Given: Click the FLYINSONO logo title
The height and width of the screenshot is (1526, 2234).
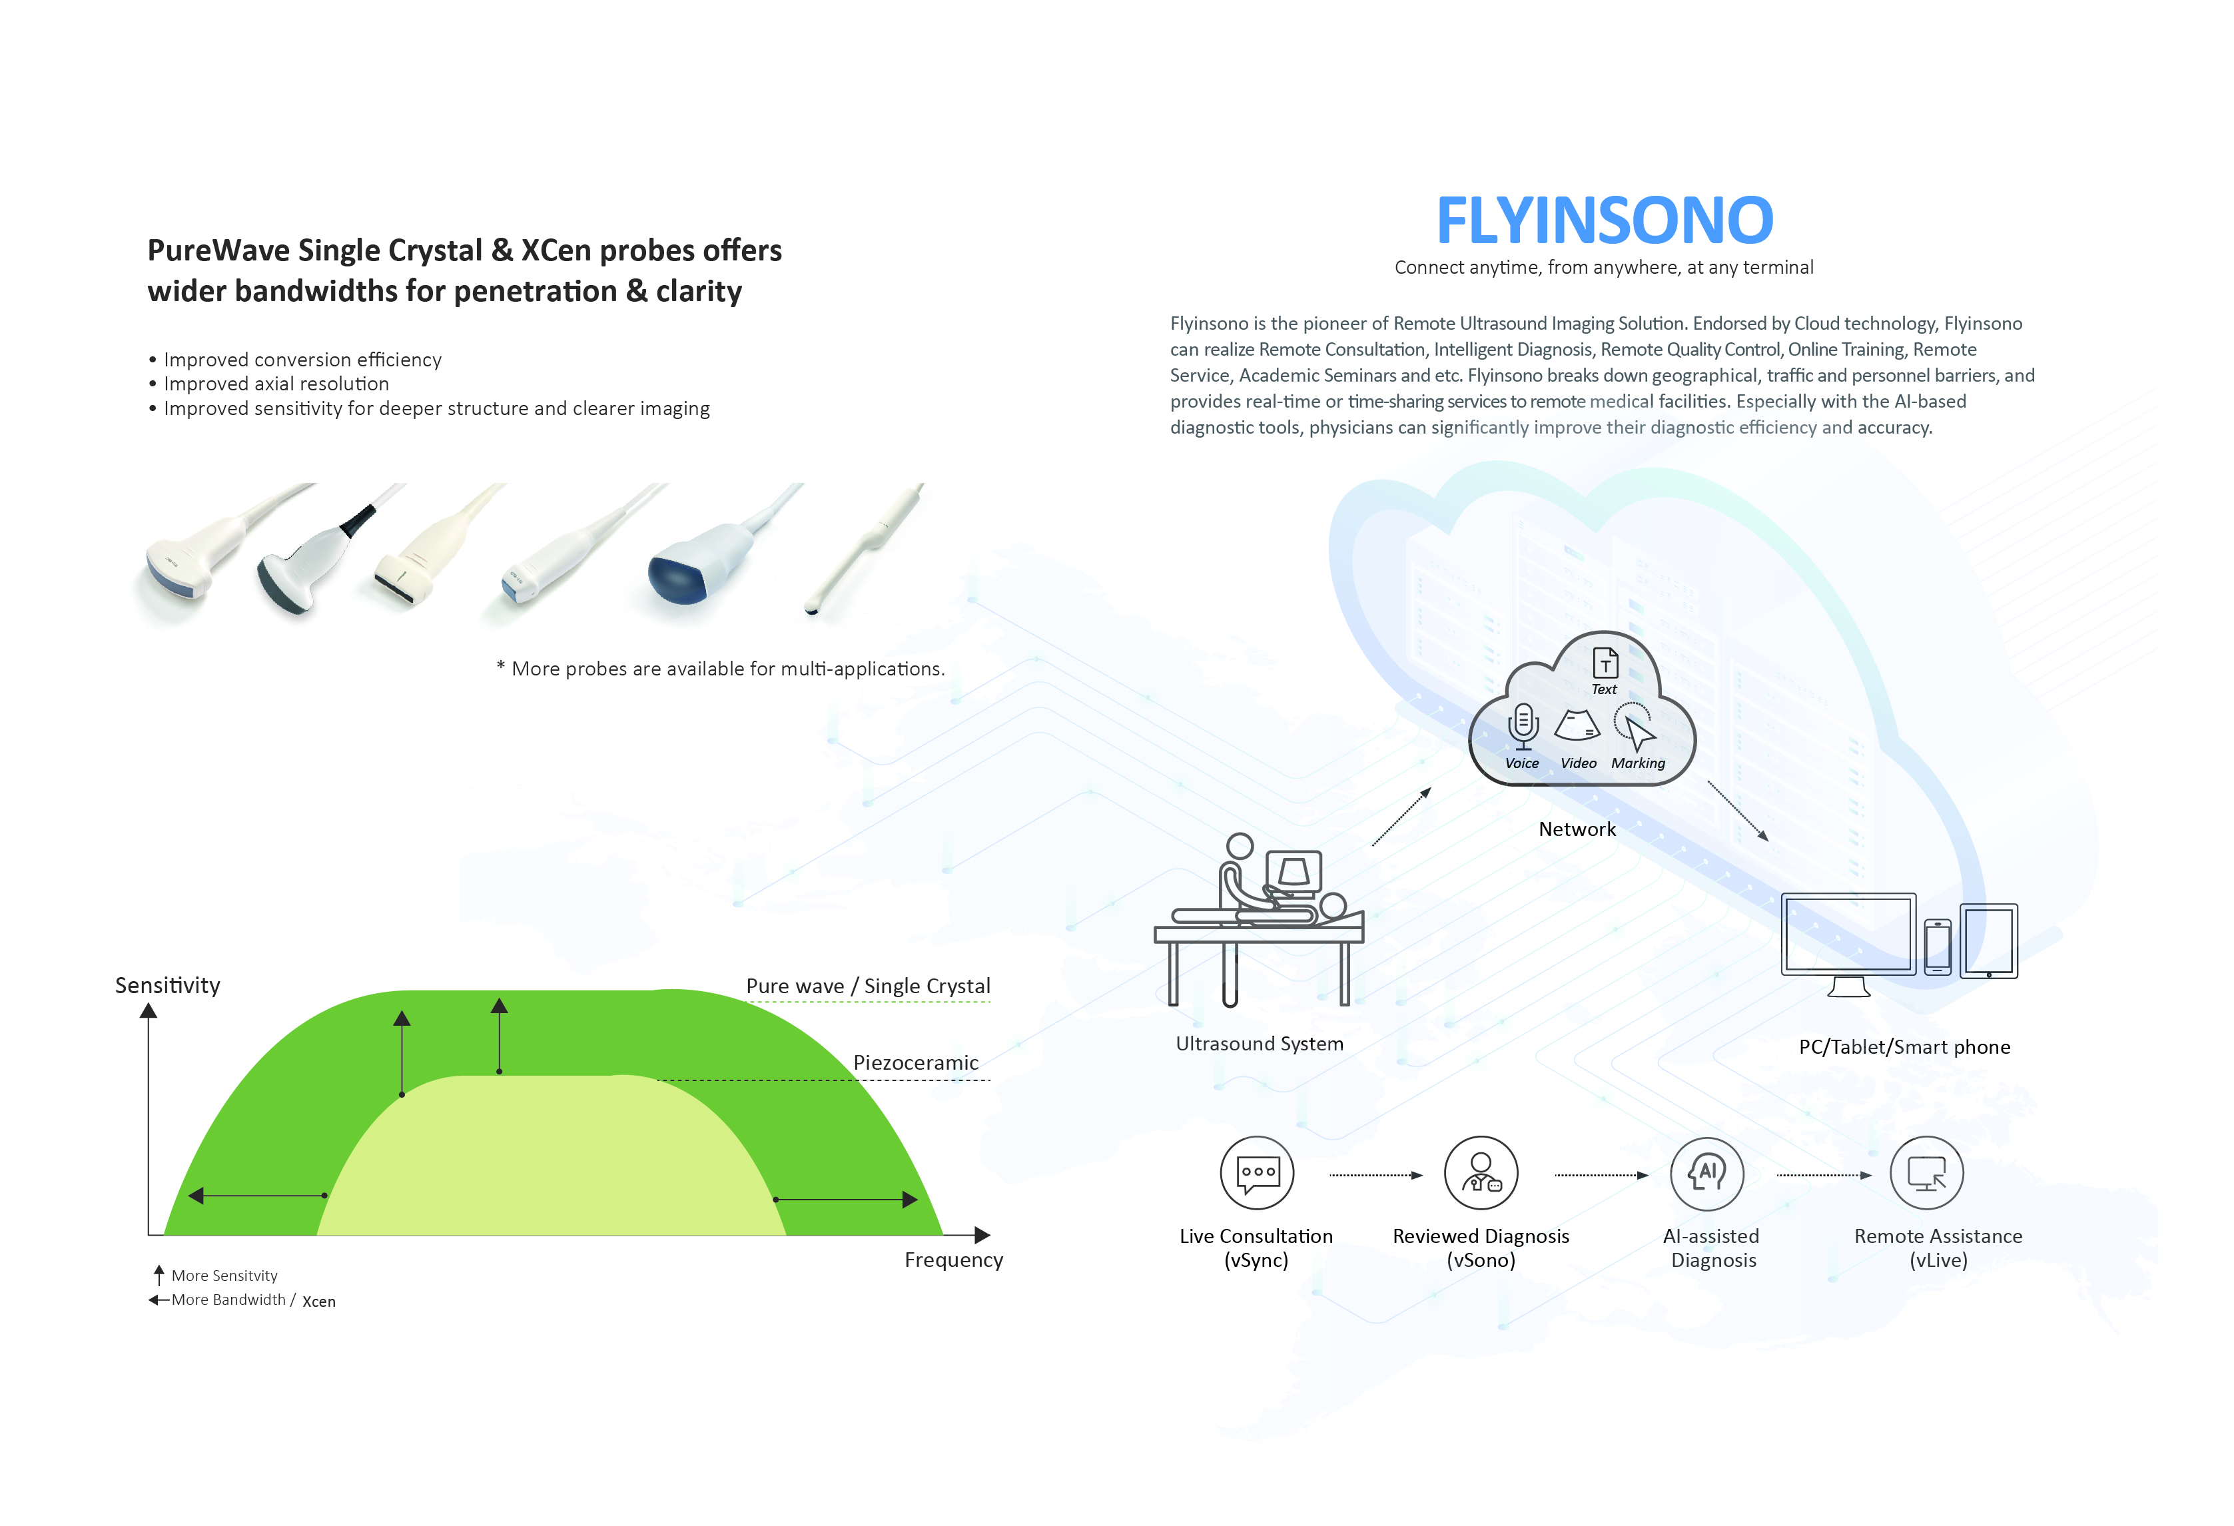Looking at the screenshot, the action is pos(1605,220).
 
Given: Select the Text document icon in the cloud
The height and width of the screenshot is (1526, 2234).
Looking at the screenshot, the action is pos(1605,663).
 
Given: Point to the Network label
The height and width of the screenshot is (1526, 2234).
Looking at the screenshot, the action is pos(1577,829).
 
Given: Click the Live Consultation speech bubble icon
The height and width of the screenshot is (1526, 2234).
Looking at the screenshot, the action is pos(1258,1173).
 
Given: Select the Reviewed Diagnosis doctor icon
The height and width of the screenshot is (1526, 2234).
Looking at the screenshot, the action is pos(1481,1173).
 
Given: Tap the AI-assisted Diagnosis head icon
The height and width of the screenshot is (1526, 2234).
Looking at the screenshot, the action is pos(1707,1173).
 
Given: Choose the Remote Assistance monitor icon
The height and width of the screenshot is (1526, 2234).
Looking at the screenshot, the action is pos(1926,1173).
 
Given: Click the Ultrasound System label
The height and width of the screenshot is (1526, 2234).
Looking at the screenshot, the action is pos(1260,1043).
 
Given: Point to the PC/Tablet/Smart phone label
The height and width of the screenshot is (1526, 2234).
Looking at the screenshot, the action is pos(1904,1047).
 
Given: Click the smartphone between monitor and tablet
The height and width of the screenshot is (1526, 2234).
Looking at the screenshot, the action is pos(1937,947).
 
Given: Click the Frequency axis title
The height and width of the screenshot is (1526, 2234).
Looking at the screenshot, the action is pos(954,1260).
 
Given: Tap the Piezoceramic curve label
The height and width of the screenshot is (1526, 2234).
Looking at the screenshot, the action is pos(915,1062).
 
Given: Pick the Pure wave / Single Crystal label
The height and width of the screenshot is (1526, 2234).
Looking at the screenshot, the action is pos(868,986).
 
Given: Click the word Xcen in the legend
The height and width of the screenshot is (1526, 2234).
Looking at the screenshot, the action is pos(319,1301).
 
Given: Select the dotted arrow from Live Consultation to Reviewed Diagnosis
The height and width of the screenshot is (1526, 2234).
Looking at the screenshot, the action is pos(1375,1175).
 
